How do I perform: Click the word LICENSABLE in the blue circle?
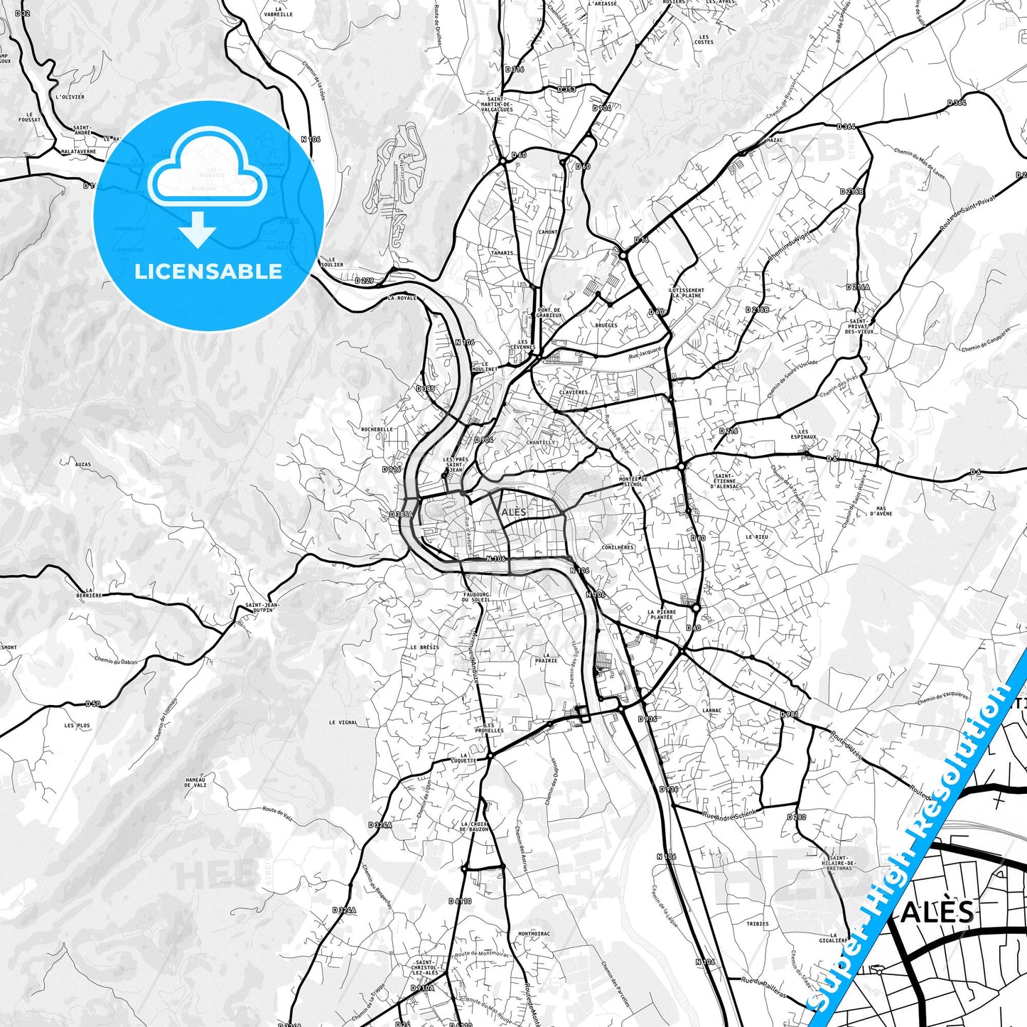coord(208,271)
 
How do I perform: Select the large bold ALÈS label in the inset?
coord(937,912)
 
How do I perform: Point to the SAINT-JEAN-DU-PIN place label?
coord(262,607)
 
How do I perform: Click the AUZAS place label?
coord(82,464)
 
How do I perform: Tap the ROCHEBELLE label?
coord(377,429)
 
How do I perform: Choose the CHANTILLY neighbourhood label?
coord(541,442)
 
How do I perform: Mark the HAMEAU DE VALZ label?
coord(195,783)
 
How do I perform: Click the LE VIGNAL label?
coord(343,722)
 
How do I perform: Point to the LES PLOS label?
coord(77,726)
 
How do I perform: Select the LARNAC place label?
coord(711,710)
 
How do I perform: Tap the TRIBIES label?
coord(758,924)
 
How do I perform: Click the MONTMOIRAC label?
coord(534,933)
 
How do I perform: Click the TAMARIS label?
coord(502,252)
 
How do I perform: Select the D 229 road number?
coord(364,280)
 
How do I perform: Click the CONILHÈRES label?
coord(617,547)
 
